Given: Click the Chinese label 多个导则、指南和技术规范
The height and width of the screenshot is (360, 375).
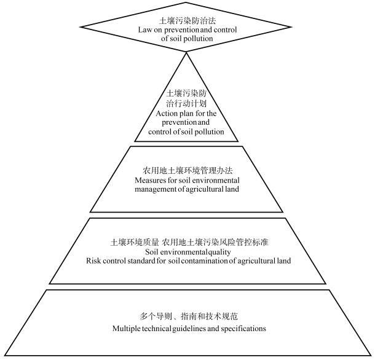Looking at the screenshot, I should pyautogui.click(x=188, y=316).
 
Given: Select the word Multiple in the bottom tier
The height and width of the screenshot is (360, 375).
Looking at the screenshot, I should pyautogui.click(x=127, y=329).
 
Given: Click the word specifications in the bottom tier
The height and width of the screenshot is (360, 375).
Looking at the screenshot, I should pyautogui.click(x=245, y=329).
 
